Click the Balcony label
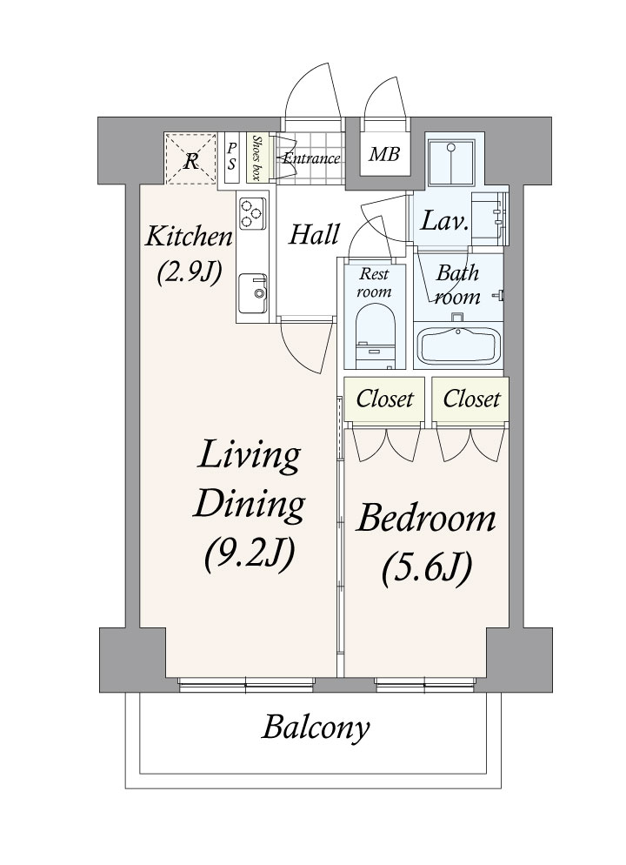[x=316, y=728]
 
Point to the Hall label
[x=314, y=234]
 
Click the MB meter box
[x=384, y=154]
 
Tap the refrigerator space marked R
[x=190, y=158]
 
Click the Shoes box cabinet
[x=256, y=158]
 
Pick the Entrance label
[x=311, y=159]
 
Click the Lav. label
[x=444, y=222]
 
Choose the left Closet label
[x=384, y=399]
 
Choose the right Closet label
[x=471, y=399]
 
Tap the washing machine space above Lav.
[x=451, y=163]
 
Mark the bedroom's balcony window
[x=425, y=685]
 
